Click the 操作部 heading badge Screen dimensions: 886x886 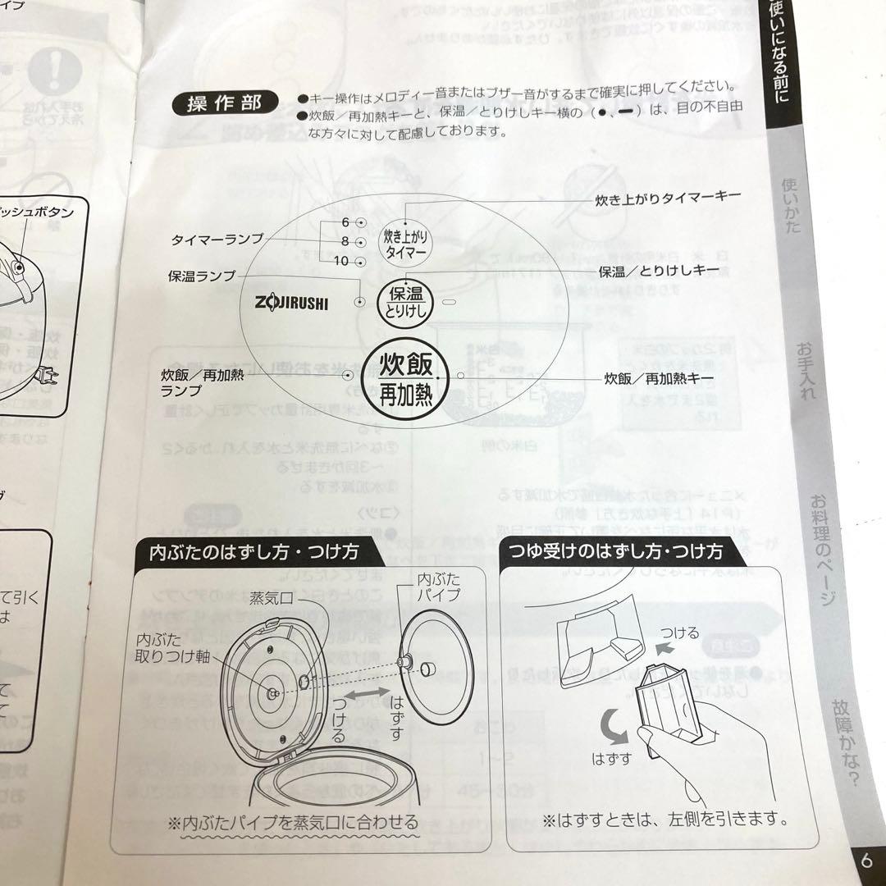[x=220, y=104]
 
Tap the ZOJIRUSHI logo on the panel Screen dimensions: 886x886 [x=286, y=303]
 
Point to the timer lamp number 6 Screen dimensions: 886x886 [x=345, y=222]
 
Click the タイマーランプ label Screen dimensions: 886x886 [x=217, y=239]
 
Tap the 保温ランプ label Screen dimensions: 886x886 [x=202, y=276]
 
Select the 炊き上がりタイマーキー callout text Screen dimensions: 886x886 [x=668, y=198]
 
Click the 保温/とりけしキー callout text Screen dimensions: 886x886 [x=659, y=270]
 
